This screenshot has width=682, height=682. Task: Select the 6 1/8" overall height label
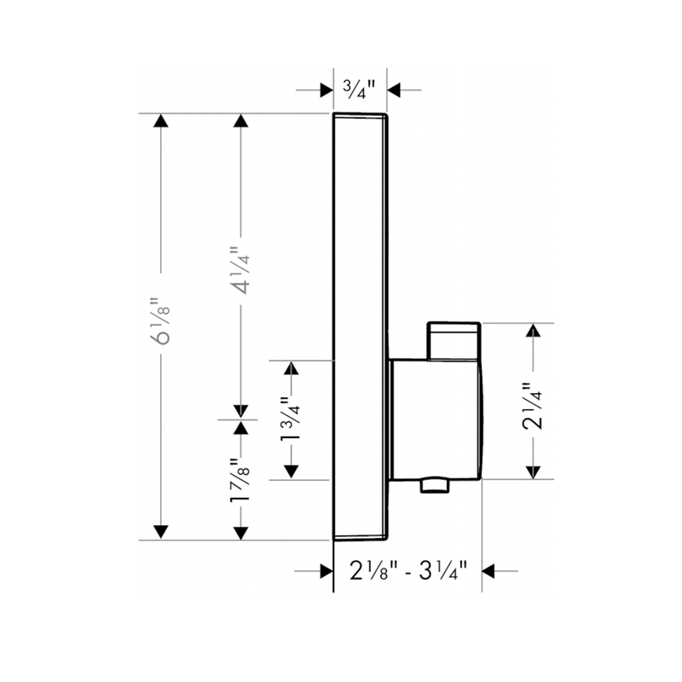click(159, 321)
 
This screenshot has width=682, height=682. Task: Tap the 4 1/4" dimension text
click(241, 269)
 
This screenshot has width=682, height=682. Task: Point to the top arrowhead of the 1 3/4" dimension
click(292, 367)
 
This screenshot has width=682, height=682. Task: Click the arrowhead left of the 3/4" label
click(326, 89)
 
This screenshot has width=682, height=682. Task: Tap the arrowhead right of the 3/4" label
click(394, 89)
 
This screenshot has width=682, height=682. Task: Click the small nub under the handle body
click(434, 486)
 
